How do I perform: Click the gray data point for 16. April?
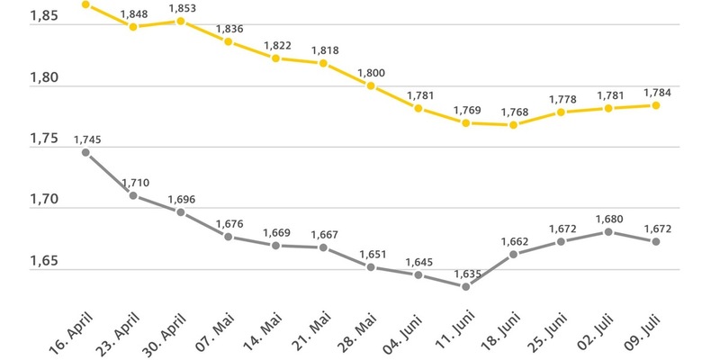click(x=85, y=152)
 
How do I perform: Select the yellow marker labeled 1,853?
click(x=181, y=21)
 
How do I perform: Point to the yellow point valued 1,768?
click(x=513, y=125)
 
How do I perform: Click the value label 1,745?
click(x=86, y=139)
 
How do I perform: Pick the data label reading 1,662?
click(x=513, y=240)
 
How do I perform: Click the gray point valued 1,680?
click(x=608, y=232)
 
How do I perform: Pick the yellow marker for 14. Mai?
click(x=276, y=58)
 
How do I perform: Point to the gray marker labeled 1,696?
click(x=181, y=212)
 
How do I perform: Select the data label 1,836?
click(x=229, y=27)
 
